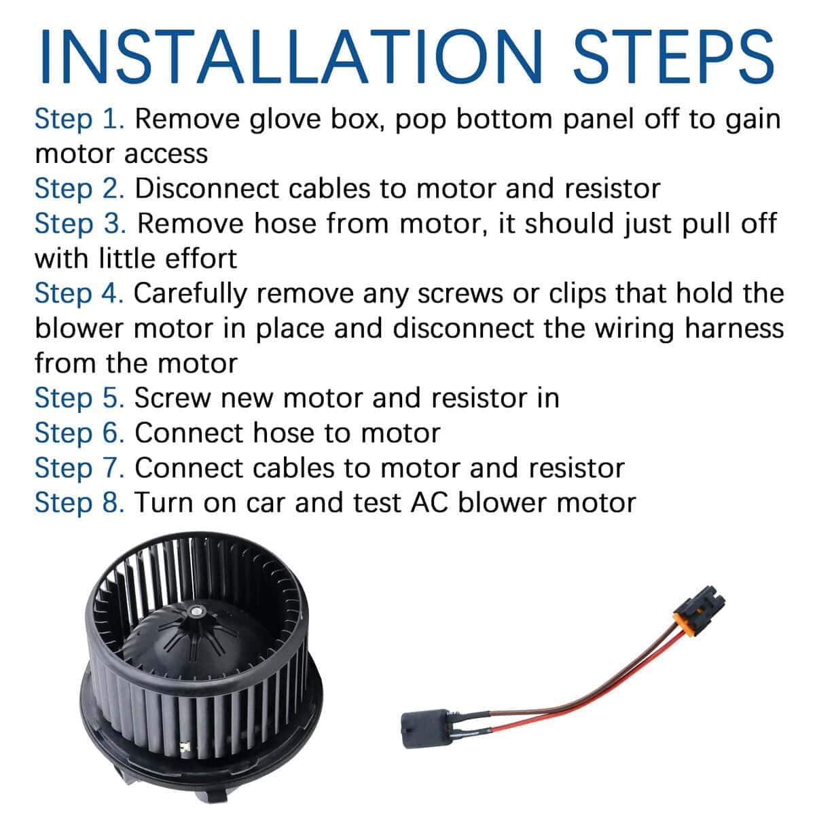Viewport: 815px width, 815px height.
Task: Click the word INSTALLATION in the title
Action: point(290,56)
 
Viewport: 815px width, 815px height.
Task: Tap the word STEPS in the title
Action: point(674,56)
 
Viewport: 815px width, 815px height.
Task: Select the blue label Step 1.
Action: point(79,120)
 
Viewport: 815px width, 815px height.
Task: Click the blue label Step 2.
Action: point(79,189)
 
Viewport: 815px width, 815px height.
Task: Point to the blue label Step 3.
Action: point(80,224)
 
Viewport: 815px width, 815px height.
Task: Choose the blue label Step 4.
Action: point(79,294)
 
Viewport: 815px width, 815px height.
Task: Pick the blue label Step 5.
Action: point(79,399)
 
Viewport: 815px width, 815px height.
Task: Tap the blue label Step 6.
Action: point(79,433)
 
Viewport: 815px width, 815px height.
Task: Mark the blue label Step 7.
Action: point(79,469)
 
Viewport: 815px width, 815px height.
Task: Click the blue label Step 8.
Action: point(79,503)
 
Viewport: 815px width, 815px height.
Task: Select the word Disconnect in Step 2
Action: point(206,189)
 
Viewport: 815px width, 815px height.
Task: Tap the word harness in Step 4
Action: point(734,329)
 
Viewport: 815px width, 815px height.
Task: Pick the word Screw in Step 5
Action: point(173,399)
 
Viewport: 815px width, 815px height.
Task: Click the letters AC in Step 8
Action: point(429,503)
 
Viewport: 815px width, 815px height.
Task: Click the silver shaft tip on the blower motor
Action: point(196,611)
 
